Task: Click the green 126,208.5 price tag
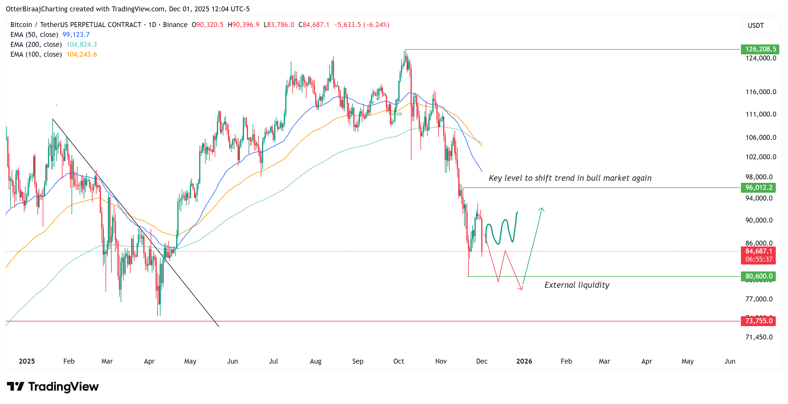(x=760, y=49)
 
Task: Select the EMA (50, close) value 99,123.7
(x=76, y=35)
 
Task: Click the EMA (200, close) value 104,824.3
(x=81, y=44)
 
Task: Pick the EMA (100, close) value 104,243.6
(x=81, y=54)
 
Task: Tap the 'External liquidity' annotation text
(x=577, y=285)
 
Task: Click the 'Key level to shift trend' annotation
(x=570, y=178)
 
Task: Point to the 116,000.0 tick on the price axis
(x=760, y=92)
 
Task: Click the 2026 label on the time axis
(x=524, y=361)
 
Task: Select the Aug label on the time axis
(x=315, y=361)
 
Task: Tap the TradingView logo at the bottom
(x=53, y=387)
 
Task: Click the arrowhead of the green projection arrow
(x=541, y=209)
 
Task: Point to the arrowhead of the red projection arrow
(x=521, y=288)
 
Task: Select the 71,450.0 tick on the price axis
(x=759, y=337)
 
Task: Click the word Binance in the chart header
(x=175, y=25)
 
